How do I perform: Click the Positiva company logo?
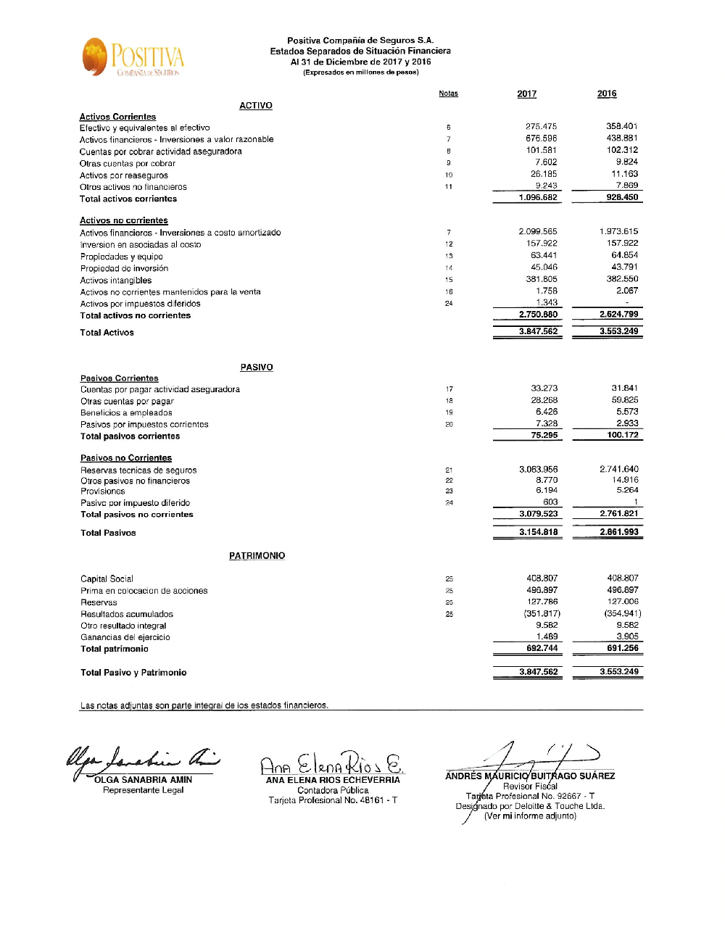(133, 57)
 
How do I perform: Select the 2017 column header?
(527, 94)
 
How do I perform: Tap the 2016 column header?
(607, 94)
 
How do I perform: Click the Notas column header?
(448, 94)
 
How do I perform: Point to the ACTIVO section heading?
(256, 106)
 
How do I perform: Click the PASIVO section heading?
(257, 368)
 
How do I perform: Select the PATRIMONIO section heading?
(257, 556)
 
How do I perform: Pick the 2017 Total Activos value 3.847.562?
(539, 331)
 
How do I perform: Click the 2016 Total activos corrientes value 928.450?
(622, 197)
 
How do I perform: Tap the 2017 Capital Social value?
(542, 578)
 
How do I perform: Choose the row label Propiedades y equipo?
(122, 257)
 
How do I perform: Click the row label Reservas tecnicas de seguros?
(138, 470)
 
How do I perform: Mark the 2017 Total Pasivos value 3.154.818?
(539, 532)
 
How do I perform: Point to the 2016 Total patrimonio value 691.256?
(622, 648)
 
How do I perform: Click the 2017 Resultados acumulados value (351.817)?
(542, 613)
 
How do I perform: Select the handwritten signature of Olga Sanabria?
(141, 760)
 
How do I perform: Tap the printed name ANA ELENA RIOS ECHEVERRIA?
(333, 780)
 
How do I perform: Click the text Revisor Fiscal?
(530, 786)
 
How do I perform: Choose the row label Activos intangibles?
(116, 281)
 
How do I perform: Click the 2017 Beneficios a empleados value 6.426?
(547, 412)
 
